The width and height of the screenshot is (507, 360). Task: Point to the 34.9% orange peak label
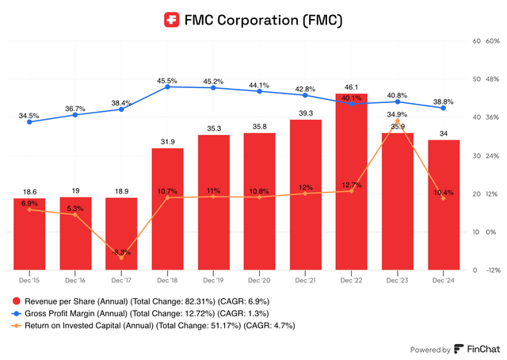tap(398, 115)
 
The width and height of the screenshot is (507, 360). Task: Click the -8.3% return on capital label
tap(121, 251)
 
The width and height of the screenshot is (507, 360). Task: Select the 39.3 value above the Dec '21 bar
tap(305, 113)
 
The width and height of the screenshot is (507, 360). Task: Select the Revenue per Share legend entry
tap(130, 301)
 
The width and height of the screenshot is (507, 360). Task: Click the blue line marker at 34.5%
tap(29, 121)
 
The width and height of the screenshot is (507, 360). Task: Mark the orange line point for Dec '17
tap(121, 258)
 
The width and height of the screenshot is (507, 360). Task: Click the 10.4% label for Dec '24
tap(443, 193)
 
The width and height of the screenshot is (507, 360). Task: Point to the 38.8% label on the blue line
tap(443, 102)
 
